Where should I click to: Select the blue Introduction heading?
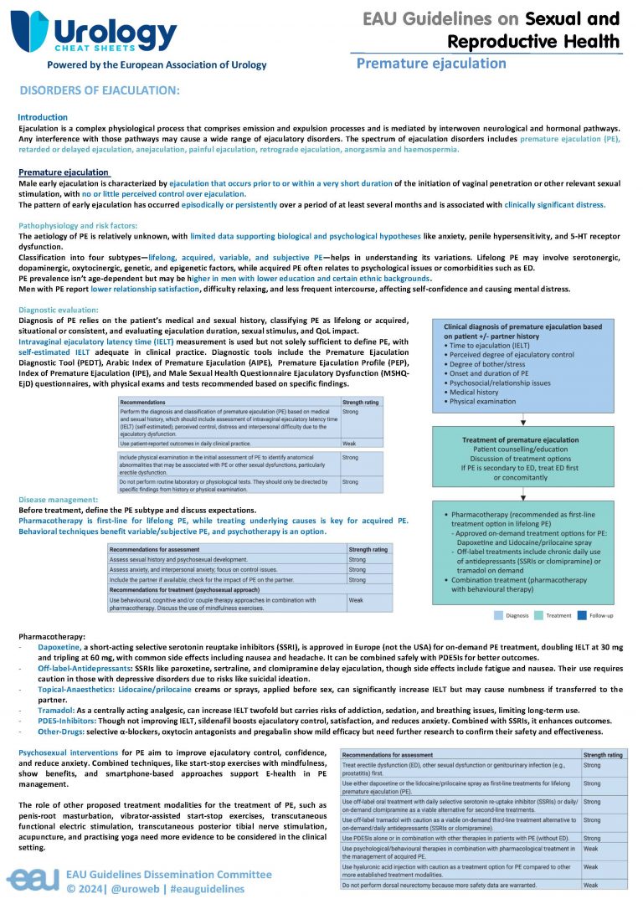[x=43, y=117]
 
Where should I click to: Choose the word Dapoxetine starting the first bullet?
[x=59, y=647]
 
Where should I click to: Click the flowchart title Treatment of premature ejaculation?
[x=521, y=440]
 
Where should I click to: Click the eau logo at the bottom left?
[x=32, y=879]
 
